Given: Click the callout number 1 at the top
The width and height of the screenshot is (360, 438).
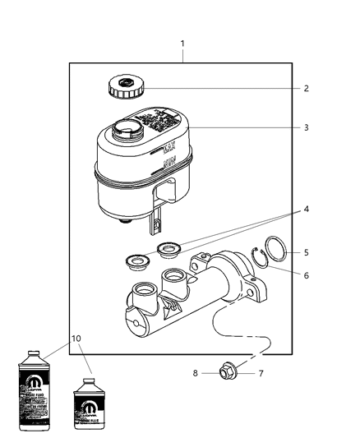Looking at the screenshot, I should point(182,43).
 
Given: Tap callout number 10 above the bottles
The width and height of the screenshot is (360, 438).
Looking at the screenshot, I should point(77,338).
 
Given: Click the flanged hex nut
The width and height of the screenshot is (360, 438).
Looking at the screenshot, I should point(228,373).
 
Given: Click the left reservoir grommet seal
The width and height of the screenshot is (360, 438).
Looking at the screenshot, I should point(135,262).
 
